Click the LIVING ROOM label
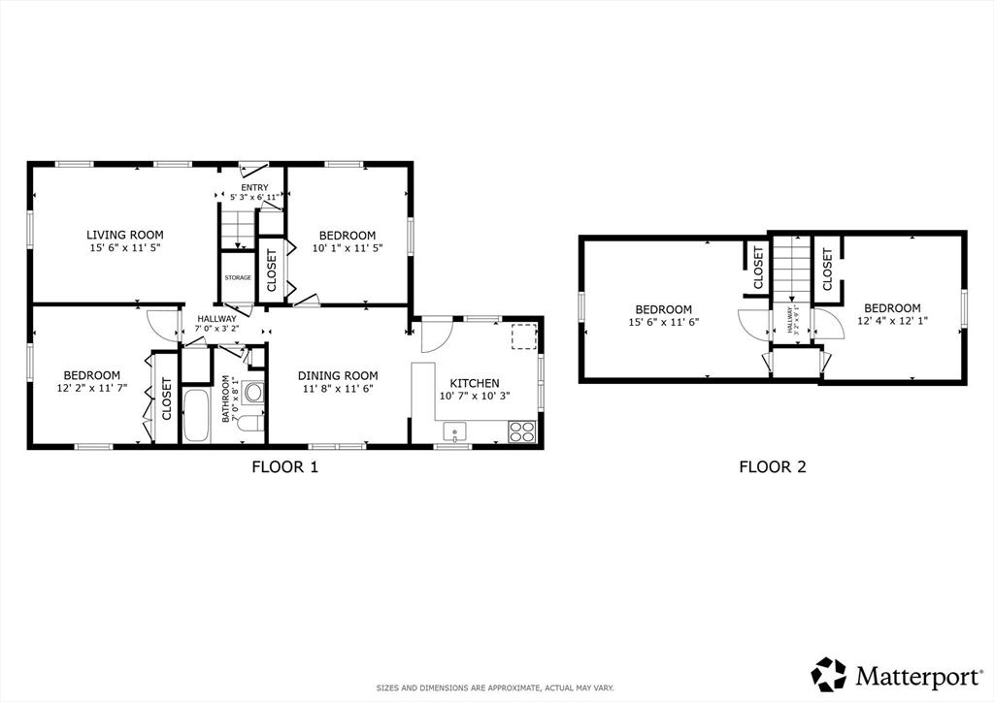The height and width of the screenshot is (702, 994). (x=124, y=235)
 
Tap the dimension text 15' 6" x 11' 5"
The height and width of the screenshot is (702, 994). (x=124, y=248)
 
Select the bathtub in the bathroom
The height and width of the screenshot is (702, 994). (x=196, y=416)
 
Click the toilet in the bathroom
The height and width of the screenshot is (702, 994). (x=249, y=422)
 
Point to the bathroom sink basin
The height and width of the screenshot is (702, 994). (x=253, y=393)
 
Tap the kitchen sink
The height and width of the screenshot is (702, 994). (x=454, y=431)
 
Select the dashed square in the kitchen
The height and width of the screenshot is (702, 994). (x=522, y=335)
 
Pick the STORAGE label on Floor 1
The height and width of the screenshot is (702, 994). (x=238, y=278)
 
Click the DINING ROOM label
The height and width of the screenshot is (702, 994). (x=338, y=376)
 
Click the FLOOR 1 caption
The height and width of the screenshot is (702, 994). (x=285, y=466)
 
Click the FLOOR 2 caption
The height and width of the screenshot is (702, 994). (x=773, y=466)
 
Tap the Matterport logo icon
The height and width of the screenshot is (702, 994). (x=829, y=673)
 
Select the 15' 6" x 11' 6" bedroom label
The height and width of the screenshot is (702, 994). (x=664, y=322)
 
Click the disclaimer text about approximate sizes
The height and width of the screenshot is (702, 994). (x=495, y=688)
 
